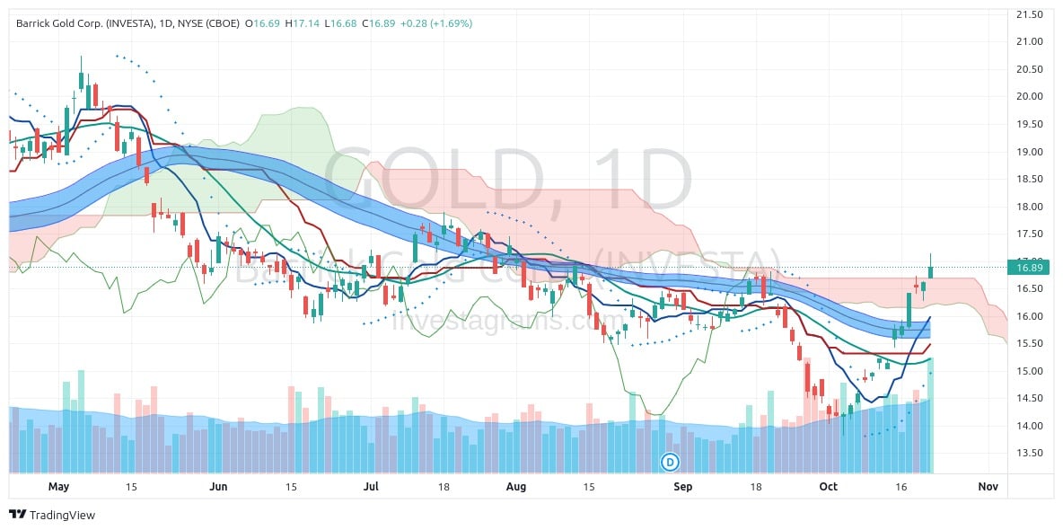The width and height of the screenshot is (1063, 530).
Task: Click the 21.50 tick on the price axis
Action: click(1028, 14)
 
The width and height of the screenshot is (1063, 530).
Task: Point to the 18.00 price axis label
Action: click(1028, 207)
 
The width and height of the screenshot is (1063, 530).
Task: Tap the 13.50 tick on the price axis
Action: click(1028, 453)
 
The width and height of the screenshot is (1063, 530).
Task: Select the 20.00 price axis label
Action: click(1028, 97)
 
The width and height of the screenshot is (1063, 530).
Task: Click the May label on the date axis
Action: click(58, 487)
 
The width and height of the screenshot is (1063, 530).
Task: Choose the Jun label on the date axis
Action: click(217, 487)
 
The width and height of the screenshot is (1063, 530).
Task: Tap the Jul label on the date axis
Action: click(371, 487)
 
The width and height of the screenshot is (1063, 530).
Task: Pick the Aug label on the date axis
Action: click(516, 487)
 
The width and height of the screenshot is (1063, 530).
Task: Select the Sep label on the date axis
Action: click(683, 487)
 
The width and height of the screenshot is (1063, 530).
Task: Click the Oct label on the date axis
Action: click(828, 487)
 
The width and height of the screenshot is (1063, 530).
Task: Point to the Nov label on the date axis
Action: click(988, 487)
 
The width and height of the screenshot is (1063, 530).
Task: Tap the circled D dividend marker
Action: click(670, 462)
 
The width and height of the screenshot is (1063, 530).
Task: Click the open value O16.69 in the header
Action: click(262, 23)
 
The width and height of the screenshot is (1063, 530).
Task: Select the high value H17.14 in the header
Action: click(302, 23)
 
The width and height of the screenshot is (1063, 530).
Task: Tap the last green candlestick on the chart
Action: click(931, 270)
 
